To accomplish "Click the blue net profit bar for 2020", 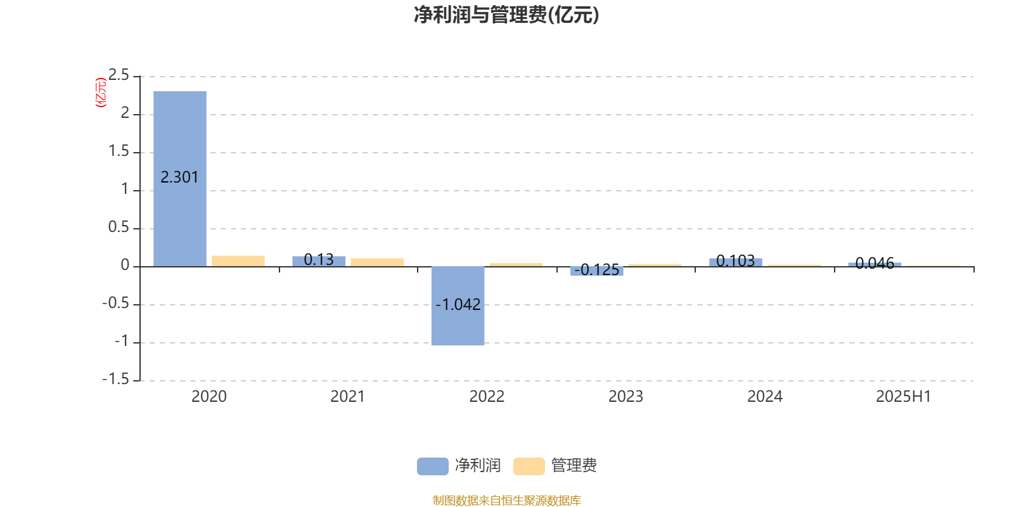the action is pos(180,179).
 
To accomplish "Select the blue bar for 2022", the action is pos(458,306).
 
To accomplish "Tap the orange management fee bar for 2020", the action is pos(238,261).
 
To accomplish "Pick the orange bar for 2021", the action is pos(377,262).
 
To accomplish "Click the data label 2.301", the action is pos(180,177).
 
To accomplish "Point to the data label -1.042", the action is pos(458,304).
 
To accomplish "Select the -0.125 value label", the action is pos(596,270).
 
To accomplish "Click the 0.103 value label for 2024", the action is pos(736,260).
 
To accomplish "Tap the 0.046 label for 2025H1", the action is pos(875,263).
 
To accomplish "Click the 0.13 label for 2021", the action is pos(319,259).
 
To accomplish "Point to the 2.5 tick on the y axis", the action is pos(119,75).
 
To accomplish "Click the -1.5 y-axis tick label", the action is pos(115,379).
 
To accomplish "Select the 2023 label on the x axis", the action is pos(626,397).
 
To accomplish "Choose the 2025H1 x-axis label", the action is pos(904,397).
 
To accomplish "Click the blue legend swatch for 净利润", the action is pos(433,466).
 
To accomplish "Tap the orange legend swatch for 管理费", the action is pos(529,466).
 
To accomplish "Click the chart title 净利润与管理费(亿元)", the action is pos(506,15).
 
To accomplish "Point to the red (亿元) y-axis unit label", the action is pos(101,93).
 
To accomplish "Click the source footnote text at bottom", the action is pos(506,500).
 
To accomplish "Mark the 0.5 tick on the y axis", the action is pos(119,227).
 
